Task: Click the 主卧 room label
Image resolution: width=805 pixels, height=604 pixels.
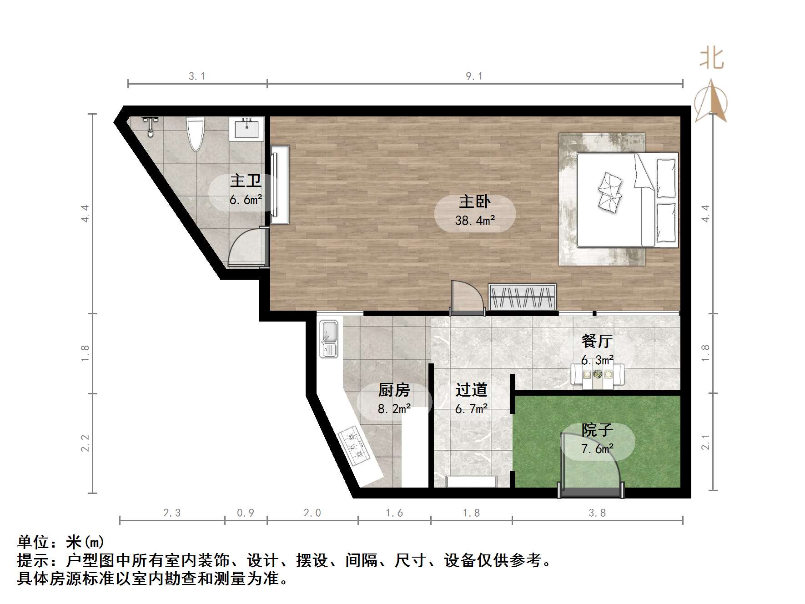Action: [x=474, y=201]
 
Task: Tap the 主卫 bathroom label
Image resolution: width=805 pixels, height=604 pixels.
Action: [x=246, y=181]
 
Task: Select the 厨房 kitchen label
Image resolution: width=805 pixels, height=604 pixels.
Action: [x=394, y=390]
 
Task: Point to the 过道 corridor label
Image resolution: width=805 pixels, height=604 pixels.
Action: [x=471, y=390]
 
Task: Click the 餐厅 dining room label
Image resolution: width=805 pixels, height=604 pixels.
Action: [x=597, y=341]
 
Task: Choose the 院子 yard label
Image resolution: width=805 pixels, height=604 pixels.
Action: [x=597, y=430]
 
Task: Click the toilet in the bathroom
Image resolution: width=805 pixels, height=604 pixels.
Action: [x=196, y=133]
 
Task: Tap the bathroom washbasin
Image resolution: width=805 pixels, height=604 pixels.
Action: [x=247, y=128]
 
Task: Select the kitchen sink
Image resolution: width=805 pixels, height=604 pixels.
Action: [x=328, y=338]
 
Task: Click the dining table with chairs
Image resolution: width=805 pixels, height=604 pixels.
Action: [x=598, y=376]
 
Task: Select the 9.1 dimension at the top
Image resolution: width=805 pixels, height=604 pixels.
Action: [x=474, y=76]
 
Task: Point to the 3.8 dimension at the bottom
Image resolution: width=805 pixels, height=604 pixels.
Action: [x=597, y=513]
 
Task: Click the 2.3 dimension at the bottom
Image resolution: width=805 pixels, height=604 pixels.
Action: [x=172, y=513]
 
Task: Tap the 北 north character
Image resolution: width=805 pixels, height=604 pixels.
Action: [x=711, y=59]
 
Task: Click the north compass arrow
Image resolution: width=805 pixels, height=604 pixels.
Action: [x=711, y=101]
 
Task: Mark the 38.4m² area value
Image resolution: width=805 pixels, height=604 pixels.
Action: [x=475, y=221]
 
